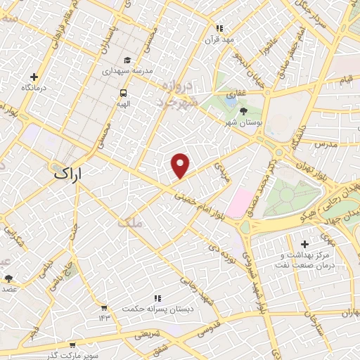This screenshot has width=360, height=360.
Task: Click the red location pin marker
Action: point(181,164)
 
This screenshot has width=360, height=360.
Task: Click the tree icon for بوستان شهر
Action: point(244,111)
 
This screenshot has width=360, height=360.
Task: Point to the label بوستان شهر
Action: point(242,123)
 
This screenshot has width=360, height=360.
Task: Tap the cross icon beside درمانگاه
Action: point(34,77)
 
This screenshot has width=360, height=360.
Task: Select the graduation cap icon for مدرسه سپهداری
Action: point(127,60)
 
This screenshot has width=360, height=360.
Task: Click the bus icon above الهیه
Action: point(124,92)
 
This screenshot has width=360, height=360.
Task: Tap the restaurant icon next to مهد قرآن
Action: point(219,28)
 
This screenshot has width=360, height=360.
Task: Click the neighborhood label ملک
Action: point(130,223)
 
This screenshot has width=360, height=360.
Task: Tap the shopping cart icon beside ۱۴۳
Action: point(104,307)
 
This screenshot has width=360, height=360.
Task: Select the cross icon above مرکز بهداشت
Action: point(304,243)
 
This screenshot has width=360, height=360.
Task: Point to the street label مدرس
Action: point(327,143)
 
